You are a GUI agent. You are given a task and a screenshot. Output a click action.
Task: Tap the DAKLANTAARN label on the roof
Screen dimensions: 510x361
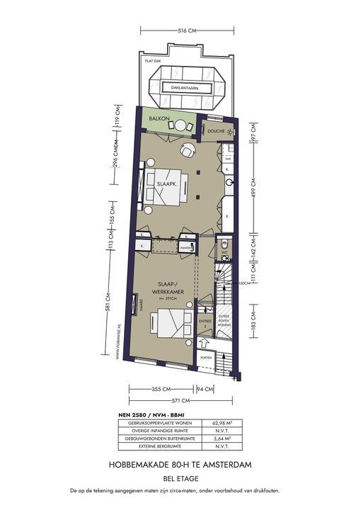(x=180, y=88)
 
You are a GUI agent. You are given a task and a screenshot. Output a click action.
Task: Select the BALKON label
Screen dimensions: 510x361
(x=159, y=119)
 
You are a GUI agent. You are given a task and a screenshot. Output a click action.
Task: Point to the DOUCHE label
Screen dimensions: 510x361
(x=215, y=132)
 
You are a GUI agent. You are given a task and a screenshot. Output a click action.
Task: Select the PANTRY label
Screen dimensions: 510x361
(x=187, y=249)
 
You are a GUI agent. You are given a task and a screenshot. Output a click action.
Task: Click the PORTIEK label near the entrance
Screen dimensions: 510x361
(x=206, y=358)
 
